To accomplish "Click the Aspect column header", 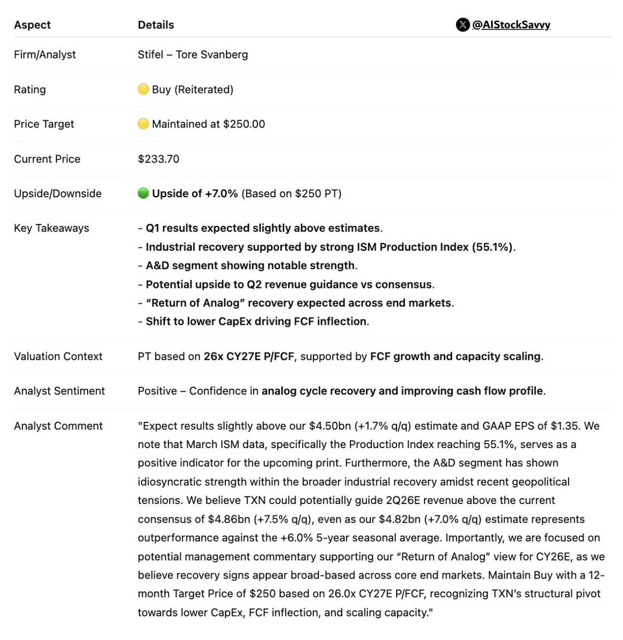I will pyautogui.click(x=32, y=25).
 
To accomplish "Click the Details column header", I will pyautogui.click(x=156, y=25).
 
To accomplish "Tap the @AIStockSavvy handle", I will pyautogui.click(x=511, y=25).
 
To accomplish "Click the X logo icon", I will pyautogui.click(x=462, y=25).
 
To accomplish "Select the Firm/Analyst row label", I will pyautogui.click(x=45, y=54).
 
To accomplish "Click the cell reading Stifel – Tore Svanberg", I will pyautogui.click(x=193, y=54).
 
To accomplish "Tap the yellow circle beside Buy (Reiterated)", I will pyautogui.click(x=143, y=89).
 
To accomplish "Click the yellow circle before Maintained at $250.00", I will pyautogui.click(x=143, y=124).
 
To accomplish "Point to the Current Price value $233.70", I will pyautogui.click(x=159, y=159).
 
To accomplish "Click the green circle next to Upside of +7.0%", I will pyautogui.click(x=143, y=193).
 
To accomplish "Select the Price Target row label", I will pyautogui.click(x=44, y=124).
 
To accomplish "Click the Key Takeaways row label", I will pyautogui.click(x=51, y=228).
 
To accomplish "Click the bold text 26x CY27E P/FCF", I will pyautogui.click(x=249, y=356).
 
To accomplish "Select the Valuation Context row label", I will pyautogui.click(x=58, y=356).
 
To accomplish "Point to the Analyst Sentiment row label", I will pyautogui.click(x=59, y=391).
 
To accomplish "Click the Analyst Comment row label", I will pyautogui.click(x=58, y=426).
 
